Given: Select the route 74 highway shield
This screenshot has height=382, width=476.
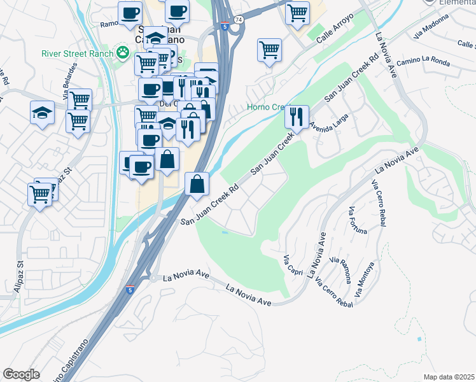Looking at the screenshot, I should tap(238, 20).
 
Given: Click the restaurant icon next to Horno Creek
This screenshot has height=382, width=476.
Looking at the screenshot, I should tap(296, 116).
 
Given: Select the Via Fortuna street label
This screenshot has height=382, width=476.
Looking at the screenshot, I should tap(358, 220).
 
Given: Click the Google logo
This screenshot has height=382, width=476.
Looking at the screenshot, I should tap(21, 374).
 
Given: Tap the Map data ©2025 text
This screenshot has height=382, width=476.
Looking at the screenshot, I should tap(449, 377).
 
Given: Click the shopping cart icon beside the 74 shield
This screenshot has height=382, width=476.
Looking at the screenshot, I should tap(297, 13).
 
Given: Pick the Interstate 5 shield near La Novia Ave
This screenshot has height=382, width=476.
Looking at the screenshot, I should tap(130, 290).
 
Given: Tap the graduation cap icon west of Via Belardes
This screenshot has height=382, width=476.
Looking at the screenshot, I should tap(42, 113).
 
